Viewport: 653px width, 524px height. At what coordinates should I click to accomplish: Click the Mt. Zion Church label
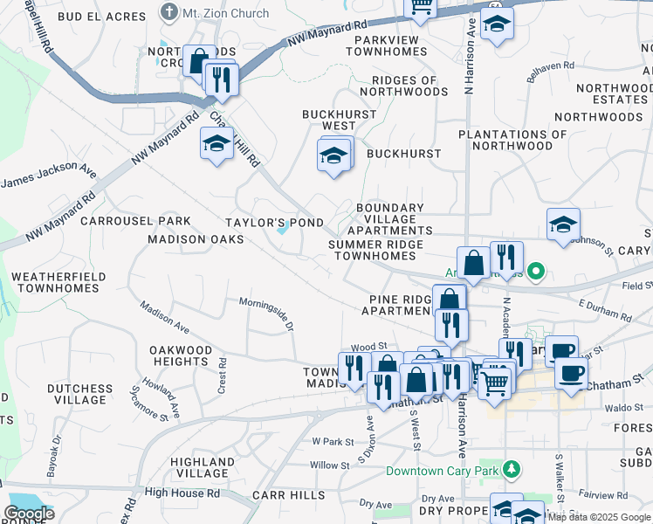point(213,13)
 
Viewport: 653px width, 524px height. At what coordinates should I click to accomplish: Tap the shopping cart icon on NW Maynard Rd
point(422,7)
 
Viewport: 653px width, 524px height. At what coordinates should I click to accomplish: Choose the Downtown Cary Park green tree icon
point(512,471)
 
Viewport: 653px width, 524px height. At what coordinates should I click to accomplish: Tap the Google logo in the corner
point(30,514)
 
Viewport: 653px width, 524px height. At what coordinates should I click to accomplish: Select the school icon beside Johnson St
point(563,225)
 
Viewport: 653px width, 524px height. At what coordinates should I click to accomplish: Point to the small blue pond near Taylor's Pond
point(284,229)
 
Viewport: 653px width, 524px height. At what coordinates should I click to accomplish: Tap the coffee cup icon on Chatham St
point(571,373)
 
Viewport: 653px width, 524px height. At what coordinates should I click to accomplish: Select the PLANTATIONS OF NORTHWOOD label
point(512,140)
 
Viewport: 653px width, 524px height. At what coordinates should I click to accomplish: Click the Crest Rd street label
point(223,375)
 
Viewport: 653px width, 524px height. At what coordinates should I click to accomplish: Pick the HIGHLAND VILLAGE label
point(202,467)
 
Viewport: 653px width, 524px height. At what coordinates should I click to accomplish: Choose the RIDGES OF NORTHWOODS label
point(403,86)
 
